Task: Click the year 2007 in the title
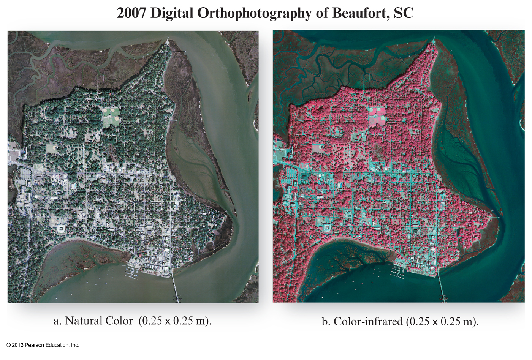[131, 13]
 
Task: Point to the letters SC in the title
[403, 13]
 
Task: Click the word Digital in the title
[172, 13]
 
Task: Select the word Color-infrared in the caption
[368, 322]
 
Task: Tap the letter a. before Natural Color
[57, 321]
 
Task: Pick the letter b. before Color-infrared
[326, 322]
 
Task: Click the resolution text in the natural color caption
[175, 321]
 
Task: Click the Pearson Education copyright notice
[43, 345]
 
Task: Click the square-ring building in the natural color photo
[60, 229]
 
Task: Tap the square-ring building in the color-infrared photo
[326, 228]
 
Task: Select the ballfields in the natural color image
[111, 116]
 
